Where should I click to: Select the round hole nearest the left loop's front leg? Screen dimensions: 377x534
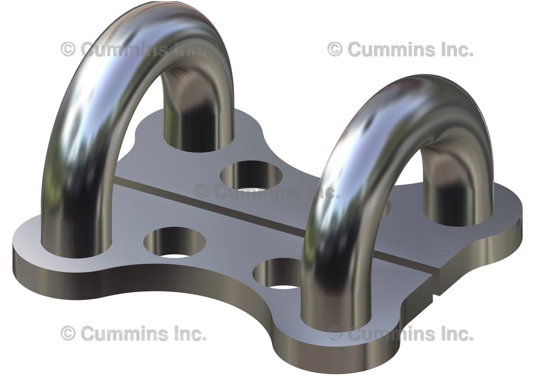pos(175,243)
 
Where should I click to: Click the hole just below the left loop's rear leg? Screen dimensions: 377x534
pos(251,175)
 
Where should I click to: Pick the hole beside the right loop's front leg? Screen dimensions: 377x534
pos(279,273)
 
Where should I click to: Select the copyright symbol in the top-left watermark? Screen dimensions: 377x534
pos(68,49)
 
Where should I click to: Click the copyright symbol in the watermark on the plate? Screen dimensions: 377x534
pos(202,191)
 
